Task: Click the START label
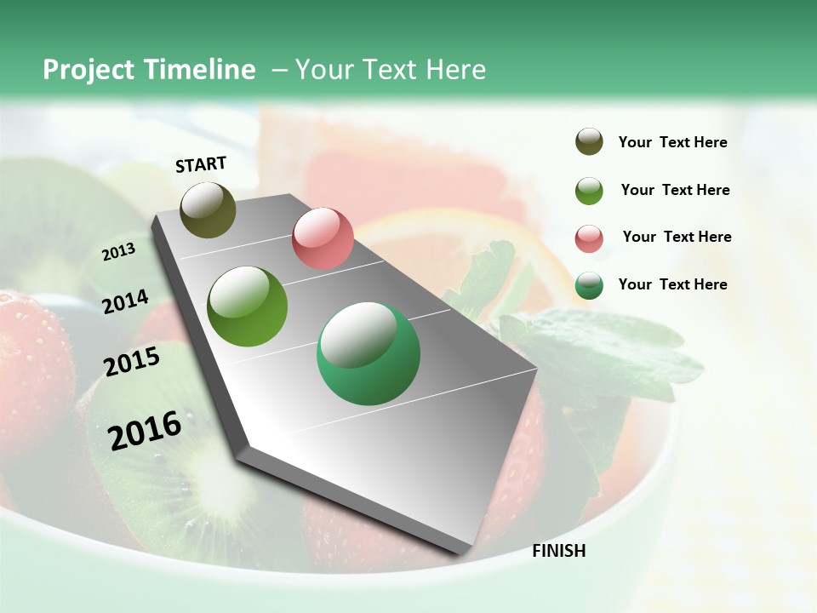[201, 164]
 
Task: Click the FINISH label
[558, 551]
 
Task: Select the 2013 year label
[118, 252]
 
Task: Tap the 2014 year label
[125, 301]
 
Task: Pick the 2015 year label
[132, 362]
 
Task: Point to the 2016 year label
[145, 430]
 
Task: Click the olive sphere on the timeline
[209, 209]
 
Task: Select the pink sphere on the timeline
[323, 238]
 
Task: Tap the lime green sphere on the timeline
[248, 306]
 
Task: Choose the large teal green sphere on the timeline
[369, 353]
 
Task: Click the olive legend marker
[589, 142]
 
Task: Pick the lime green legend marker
[589, 191]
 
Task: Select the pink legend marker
[589, 238]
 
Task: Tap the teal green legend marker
[589, 285]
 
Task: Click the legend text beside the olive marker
[672, 143]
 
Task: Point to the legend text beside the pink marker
[677, 237]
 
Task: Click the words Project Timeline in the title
[149, 70]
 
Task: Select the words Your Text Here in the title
[390, 70]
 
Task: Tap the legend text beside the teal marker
[672, 284]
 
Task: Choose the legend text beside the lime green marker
[675, 190]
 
